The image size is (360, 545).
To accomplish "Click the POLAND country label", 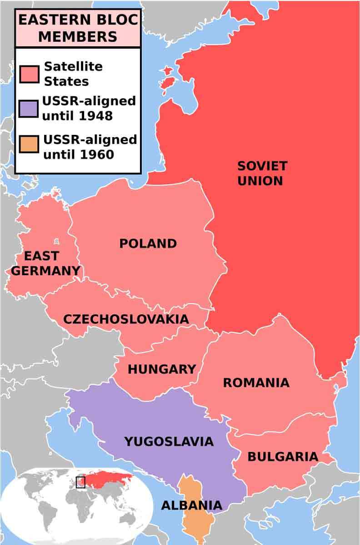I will (148, 244).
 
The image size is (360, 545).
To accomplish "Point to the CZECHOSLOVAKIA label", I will (126, 319).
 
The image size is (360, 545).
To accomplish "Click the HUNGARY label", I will (161, 369).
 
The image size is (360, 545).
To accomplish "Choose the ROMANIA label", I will (256, 383).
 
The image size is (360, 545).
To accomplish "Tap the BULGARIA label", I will (283, 457).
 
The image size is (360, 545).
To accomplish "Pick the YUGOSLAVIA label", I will (169, 441).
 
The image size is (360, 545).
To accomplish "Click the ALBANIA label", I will (191, 505).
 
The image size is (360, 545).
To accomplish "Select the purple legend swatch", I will (29, 109).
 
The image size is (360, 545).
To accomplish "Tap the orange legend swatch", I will (29, 147).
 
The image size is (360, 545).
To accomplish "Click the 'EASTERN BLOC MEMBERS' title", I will (78, 28).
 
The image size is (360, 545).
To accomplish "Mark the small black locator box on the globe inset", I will (80, 482).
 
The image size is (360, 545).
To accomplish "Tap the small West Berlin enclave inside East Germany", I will (56, 242).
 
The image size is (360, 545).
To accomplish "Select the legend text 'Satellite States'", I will (73, 74).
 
